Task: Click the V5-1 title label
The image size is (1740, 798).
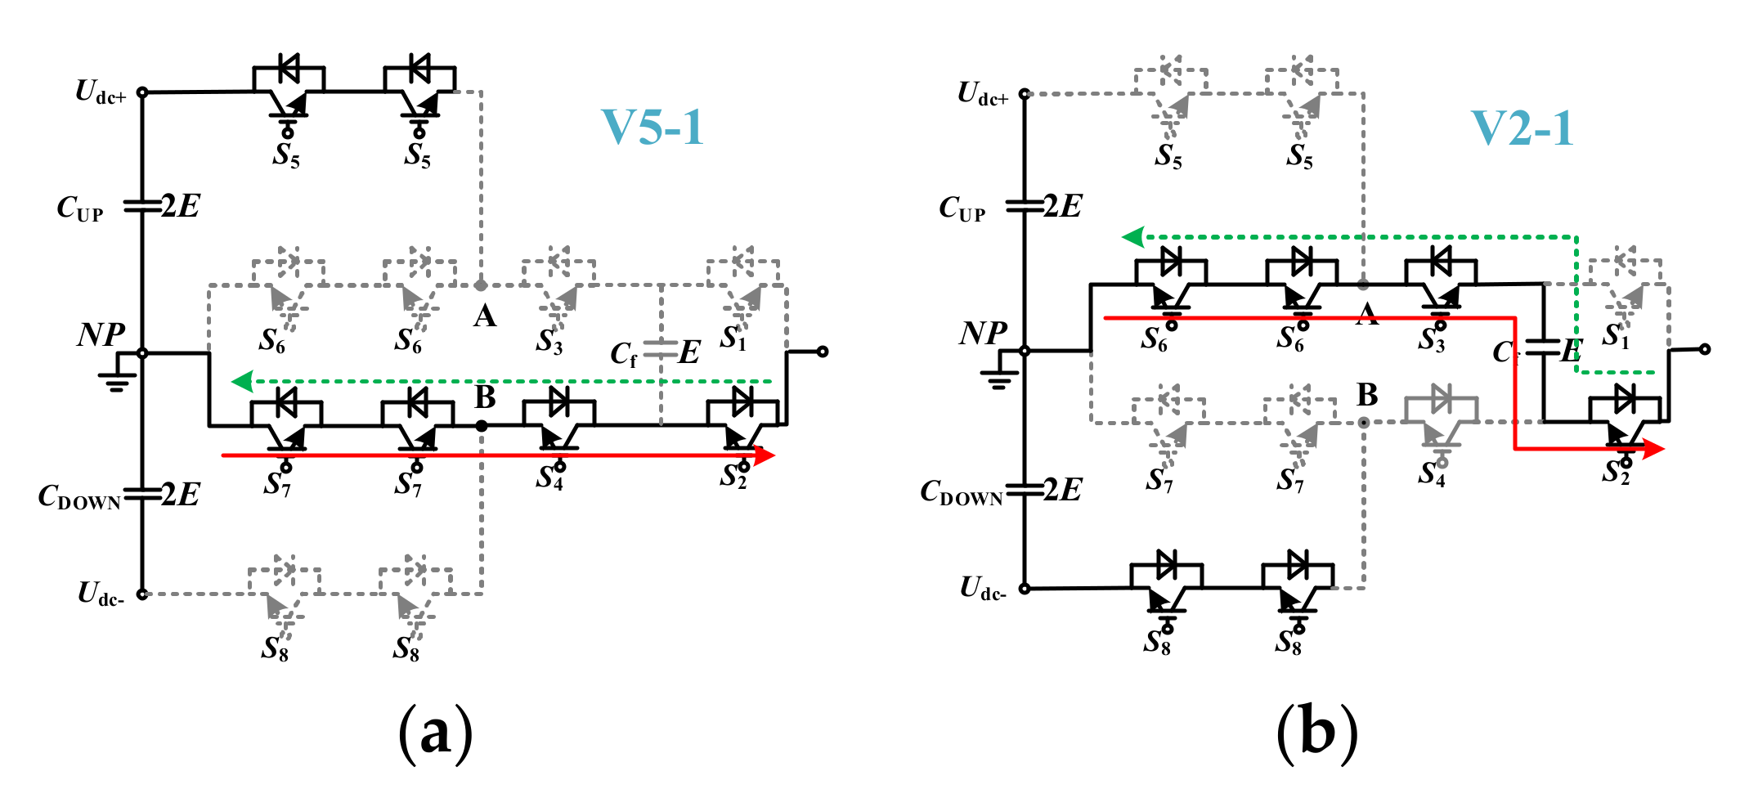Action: coord(652,128)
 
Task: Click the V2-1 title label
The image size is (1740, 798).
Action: coord(1522,128)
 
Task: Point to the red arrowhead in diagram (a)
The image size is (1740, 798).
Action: coord(764,455)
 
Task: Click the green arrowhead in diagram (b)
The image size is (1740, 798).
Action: coord(1133,237)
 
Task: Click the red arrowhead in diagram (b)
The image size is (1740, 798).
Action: coord(1653,448)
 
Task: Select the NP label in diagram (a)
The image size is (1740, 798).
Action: coord(101,335)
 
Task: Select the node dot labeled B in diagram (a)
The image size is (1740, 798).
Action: coord(482,426)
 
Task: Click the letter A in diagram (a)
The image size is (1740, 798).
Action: coord(485,316)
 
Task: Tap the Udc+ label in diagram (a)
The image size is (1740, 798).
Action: coord(100,92)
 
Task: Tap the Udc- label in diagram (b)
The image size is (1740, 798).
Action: coord(982,589)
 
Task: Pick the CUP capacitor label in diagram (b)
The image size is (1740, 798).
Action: coord(962,209)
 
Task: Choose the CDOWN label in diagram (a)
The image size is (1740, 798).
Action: coord(79,497)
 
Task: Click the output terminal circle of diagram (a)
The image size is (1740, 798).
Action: coord(823,352)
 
